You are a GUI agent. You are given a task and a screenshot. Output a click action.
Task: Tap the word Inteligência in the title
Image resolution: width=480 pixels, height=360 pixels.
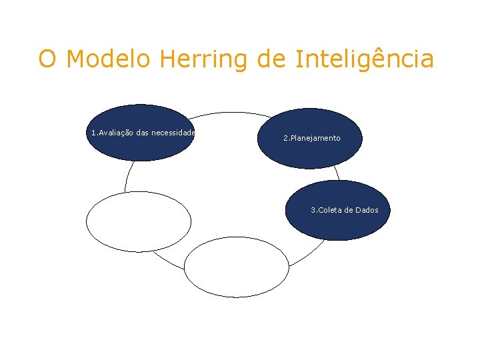364,59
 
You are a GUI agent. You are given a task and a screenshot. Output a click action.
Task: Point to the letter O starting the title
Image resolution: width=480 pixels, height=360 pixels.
47,59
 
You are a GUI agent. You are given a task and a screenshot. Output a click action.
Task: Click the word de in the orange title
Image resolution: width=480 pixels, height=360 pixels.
271,59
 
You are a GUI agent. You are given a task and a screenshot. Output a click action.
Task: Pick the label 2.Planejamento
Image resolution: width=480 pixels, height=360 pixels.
312,138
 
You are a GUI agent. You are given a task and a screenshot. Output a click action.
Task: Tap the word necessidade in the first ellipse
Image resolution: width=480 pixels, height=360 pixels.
173,133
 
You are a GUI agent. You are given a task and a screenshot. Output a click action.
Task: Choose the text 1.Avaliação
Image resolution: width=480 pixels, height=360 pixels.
112,133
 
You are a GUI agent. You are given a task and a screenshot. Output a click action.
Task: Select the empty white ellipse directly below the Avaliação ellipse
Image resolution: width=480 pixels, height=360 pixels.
139,221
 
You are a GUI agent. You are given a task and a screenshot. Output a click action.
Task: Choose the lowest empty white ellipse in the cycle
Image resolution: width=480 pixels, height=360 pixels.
236,267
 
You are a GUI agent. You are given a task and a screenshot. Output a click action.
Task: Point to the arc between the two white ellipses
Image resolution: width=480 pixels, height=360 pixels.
167,261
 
